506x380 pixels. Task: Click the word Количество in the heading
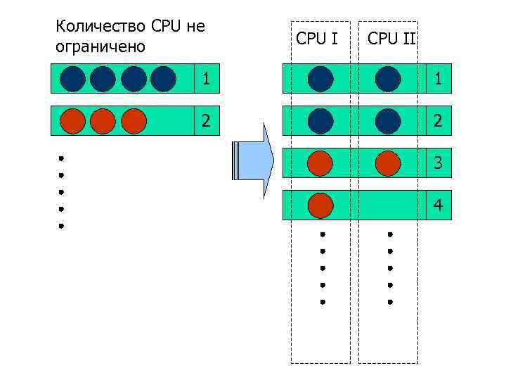100,27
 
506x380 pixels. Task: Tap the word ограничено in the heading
100,47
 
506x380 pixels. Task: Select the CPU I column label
317,39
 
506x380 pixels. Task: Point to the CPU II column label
391,39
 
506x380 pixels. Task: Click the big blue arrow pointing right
253,161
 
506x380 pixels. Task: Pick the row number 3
438,163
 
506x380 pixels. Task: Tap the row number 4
438,205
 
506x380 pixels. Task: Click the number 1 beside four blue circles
206,79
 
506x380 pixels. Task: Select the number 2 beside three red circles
206,120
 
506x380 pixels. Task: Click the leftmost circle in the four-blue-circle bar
72,79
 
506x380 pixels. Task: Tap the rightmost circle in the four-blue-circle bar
163,79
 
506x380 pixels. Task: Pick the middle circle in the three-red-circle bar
103,120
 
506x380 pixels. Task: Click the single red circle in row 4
320,205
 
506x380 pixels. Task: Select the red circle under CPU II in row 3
388,163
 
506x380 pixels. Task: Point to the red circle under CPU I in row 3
320,163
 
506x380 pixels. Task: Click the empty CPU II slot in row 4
388,205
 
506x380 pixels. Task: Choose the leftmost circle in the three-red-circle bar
72,120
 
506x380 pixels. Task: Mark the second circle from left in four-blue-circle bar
103,79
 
